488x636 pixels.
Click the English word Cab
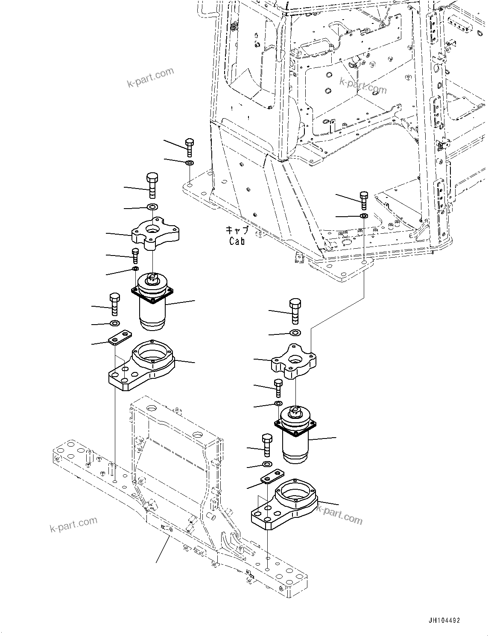pos(237,241)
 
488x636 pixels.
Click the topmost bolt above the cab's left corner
pos(189,147)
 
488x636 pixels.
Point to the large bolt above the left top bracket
pos(152,184)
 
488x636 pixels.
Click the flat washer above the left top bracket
pos(152,207)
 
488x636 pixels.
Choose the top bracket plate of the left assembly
pos(155,233)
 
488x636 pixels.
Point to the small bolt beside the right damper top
pos(278,387)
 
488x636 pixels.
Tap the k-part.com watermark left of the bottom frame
pos(74,524)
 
